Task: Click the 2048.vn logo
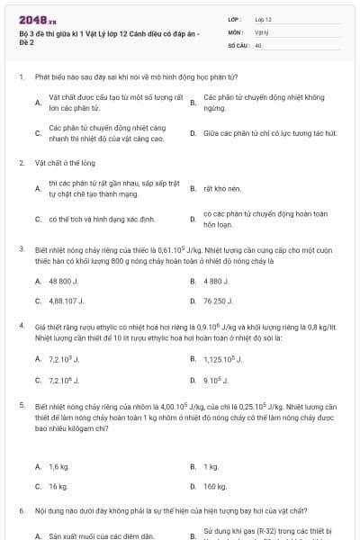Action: [37, 19]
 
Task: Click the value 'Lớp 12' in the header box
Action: [263, 18]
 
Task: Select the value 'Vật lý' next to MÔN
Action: [262, 31]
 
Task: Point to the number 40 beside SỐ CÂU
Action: [258, 43]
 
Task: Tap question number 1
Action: [21, 78]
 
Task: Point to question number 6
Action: [21, 509]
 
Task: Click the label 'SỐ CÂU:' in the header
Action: [238, 43]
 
